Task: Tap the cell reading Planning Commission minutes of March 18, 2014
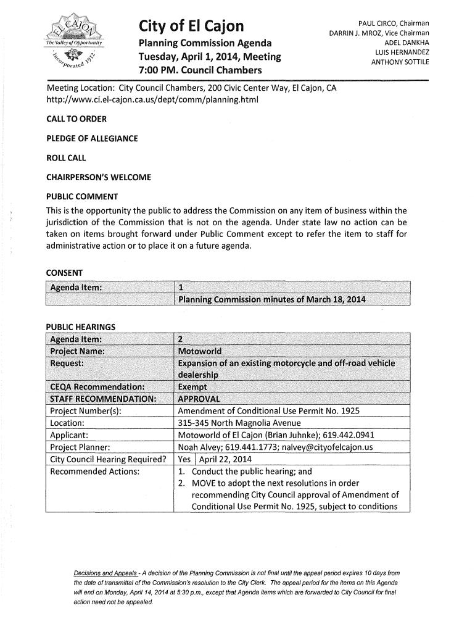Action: (x=271, y=300)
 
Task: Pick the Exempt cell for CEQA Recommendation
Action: (x=193, y=388)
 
